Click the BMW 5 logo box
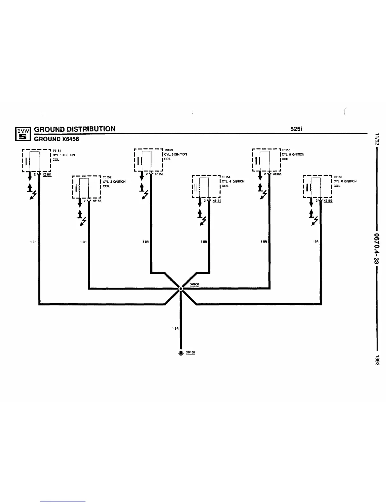point(23,134)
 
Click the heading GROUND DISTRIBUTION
point(75,129)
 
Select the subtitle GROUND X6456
point(56,139)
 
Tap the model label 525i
point(296,129)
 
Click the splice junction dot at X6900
point(180,289)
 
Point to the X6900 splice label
point(194,285)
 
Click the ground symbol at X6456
point(181,353)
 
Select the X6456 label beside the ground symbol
point(190,353)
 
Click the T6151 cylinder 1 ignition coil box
point(36,160)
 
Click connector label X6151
point(47,174)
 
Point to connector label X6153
point(159,174)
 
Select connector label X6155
point(277,174)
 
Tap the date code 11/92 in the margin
point(377,139)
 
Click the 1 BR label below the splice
point(175,328)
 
